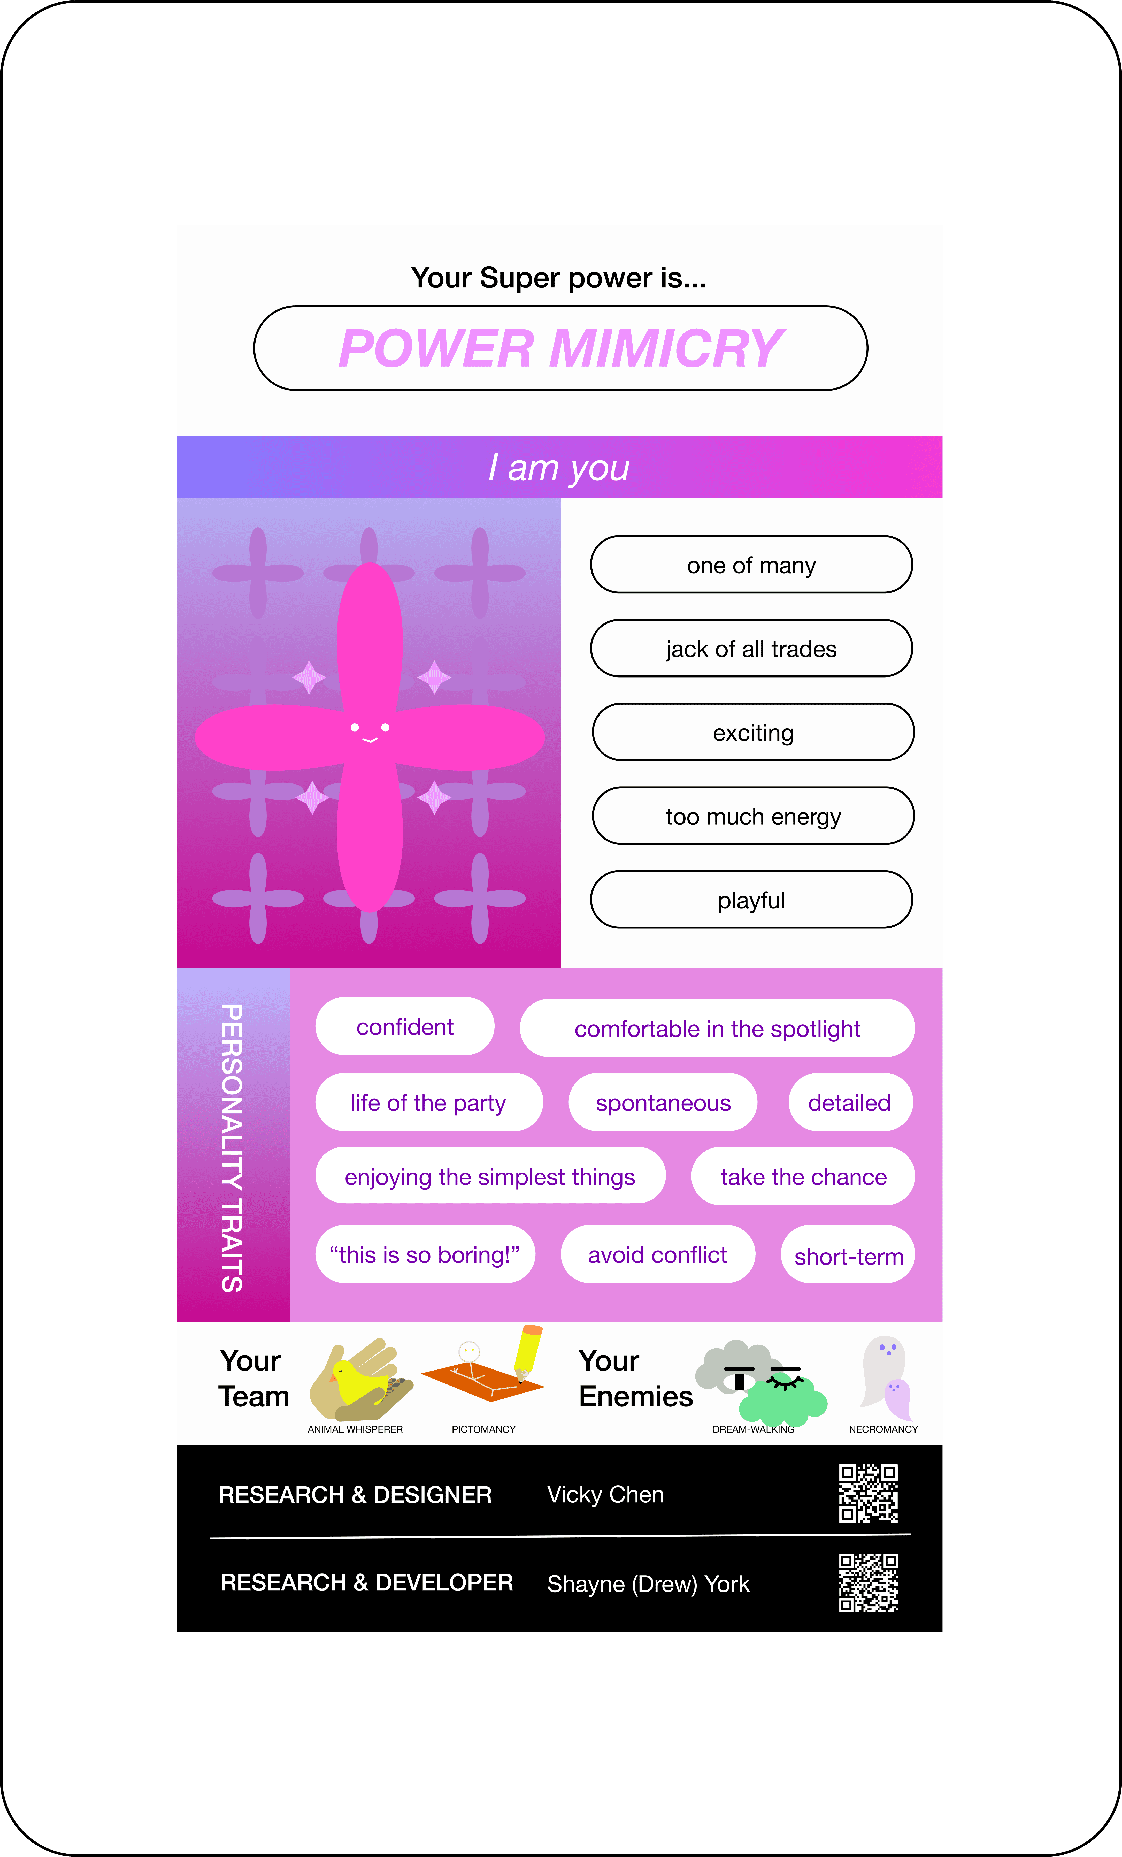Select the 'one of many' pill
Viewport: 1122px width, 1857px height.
[x=751, y=565]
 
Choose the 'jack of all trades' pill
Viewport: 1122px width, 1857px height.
[x=751, y=649]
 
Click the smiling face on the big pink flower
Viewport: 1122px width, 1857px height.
[x=369, y=731]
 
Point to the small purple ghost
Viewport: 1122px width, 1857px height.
[x=897, y=1398]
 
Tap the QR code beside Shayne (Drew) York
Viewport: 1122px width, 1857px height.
[x=868, y=1583]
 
